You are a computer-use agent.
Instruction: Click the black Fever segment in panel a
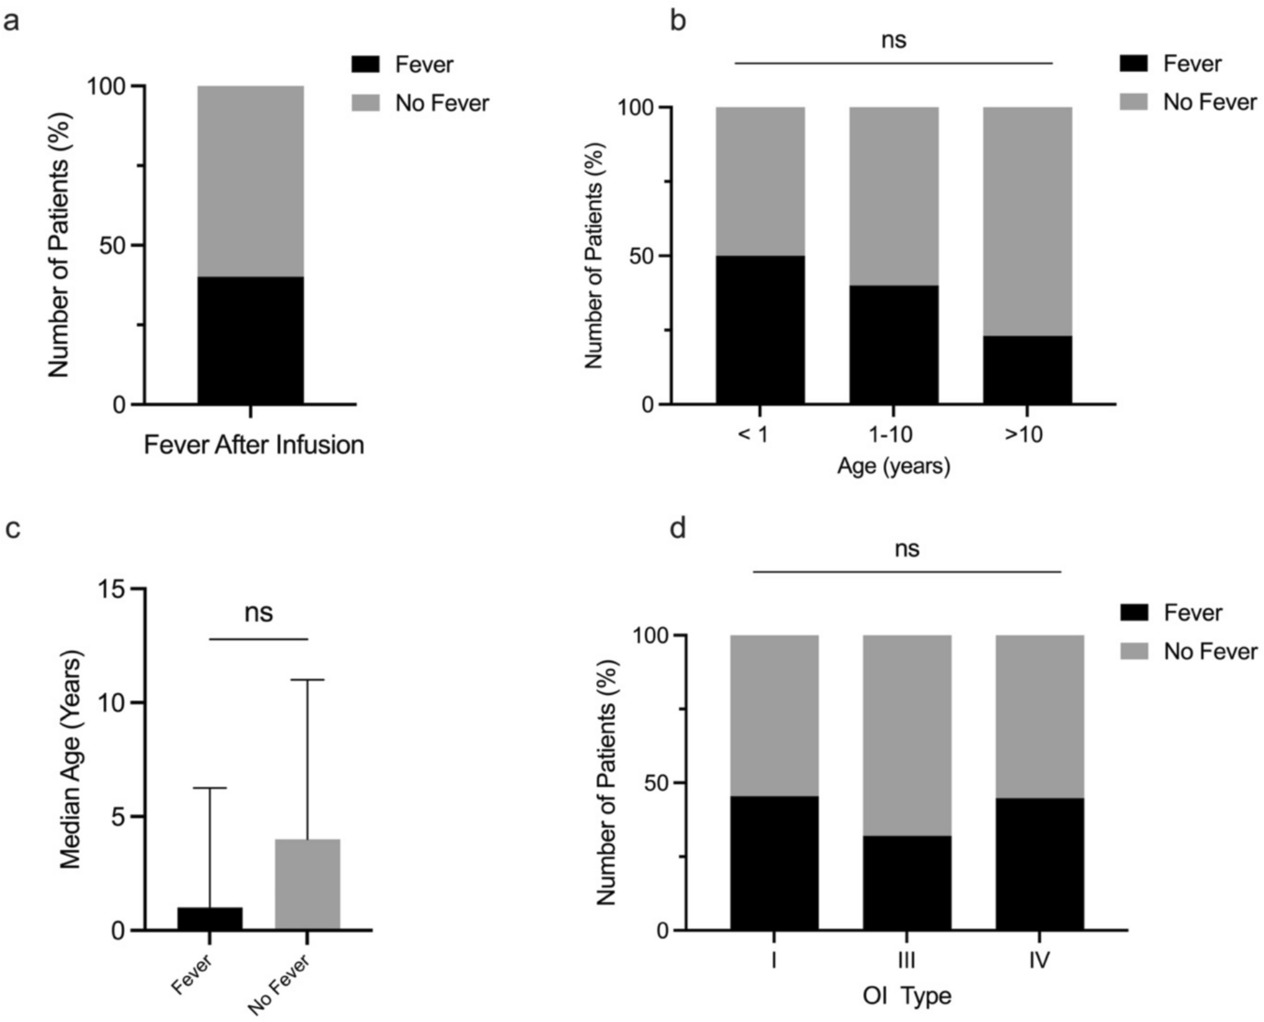click(x=250, y=340)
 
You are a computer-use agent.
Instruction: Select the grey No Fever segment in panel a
click(x=250, y=181)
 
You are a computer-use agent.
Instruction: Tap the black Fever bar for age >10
click(x=1027, y=370)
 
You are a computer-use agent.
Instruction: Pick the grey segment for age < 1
click(x=760, y=181)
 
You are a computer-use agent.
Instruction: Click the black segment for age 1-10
click(x=894, y=344)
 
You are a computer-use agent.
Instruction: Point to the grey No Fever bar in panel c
click(x=308, y=884)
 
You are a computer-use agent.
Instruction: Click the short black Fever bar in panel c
click(x=210, y=918)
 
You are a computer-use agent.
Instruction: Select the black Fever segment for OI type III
click(x=907, y=883)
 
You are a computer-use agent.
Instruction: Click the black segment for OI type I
click(x=774, y=863)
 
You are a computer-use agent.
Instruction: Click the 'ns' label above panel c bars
click(x=259, y=612)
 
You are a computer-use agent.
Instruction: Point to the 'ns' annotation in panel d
click(x=907, y=548)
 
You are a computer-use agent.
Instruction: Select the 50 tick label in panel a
click(x=112, y=246)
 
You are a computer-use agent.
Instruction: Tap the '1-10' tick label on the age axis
click(x=893, y=435)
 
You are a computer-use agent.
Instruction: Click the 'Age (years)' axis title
click(x=893, y=466)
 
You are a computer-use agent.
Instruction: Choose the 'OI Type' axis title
click(x=907, y=995)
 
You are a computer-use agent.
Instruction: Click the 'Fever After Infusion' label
click(x=254, y=445)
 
